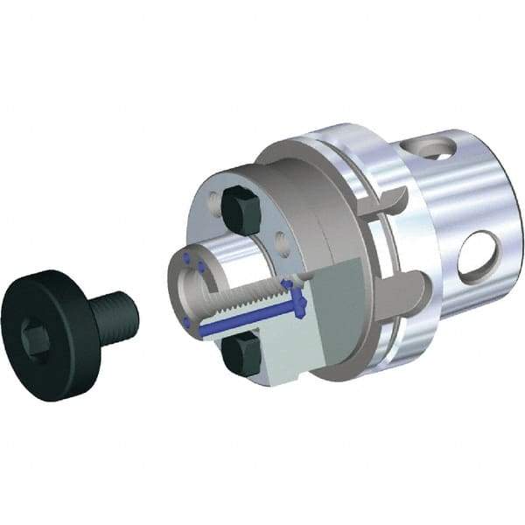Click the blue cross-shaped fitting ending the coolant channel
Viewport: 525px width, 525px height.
pos(300,302)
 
